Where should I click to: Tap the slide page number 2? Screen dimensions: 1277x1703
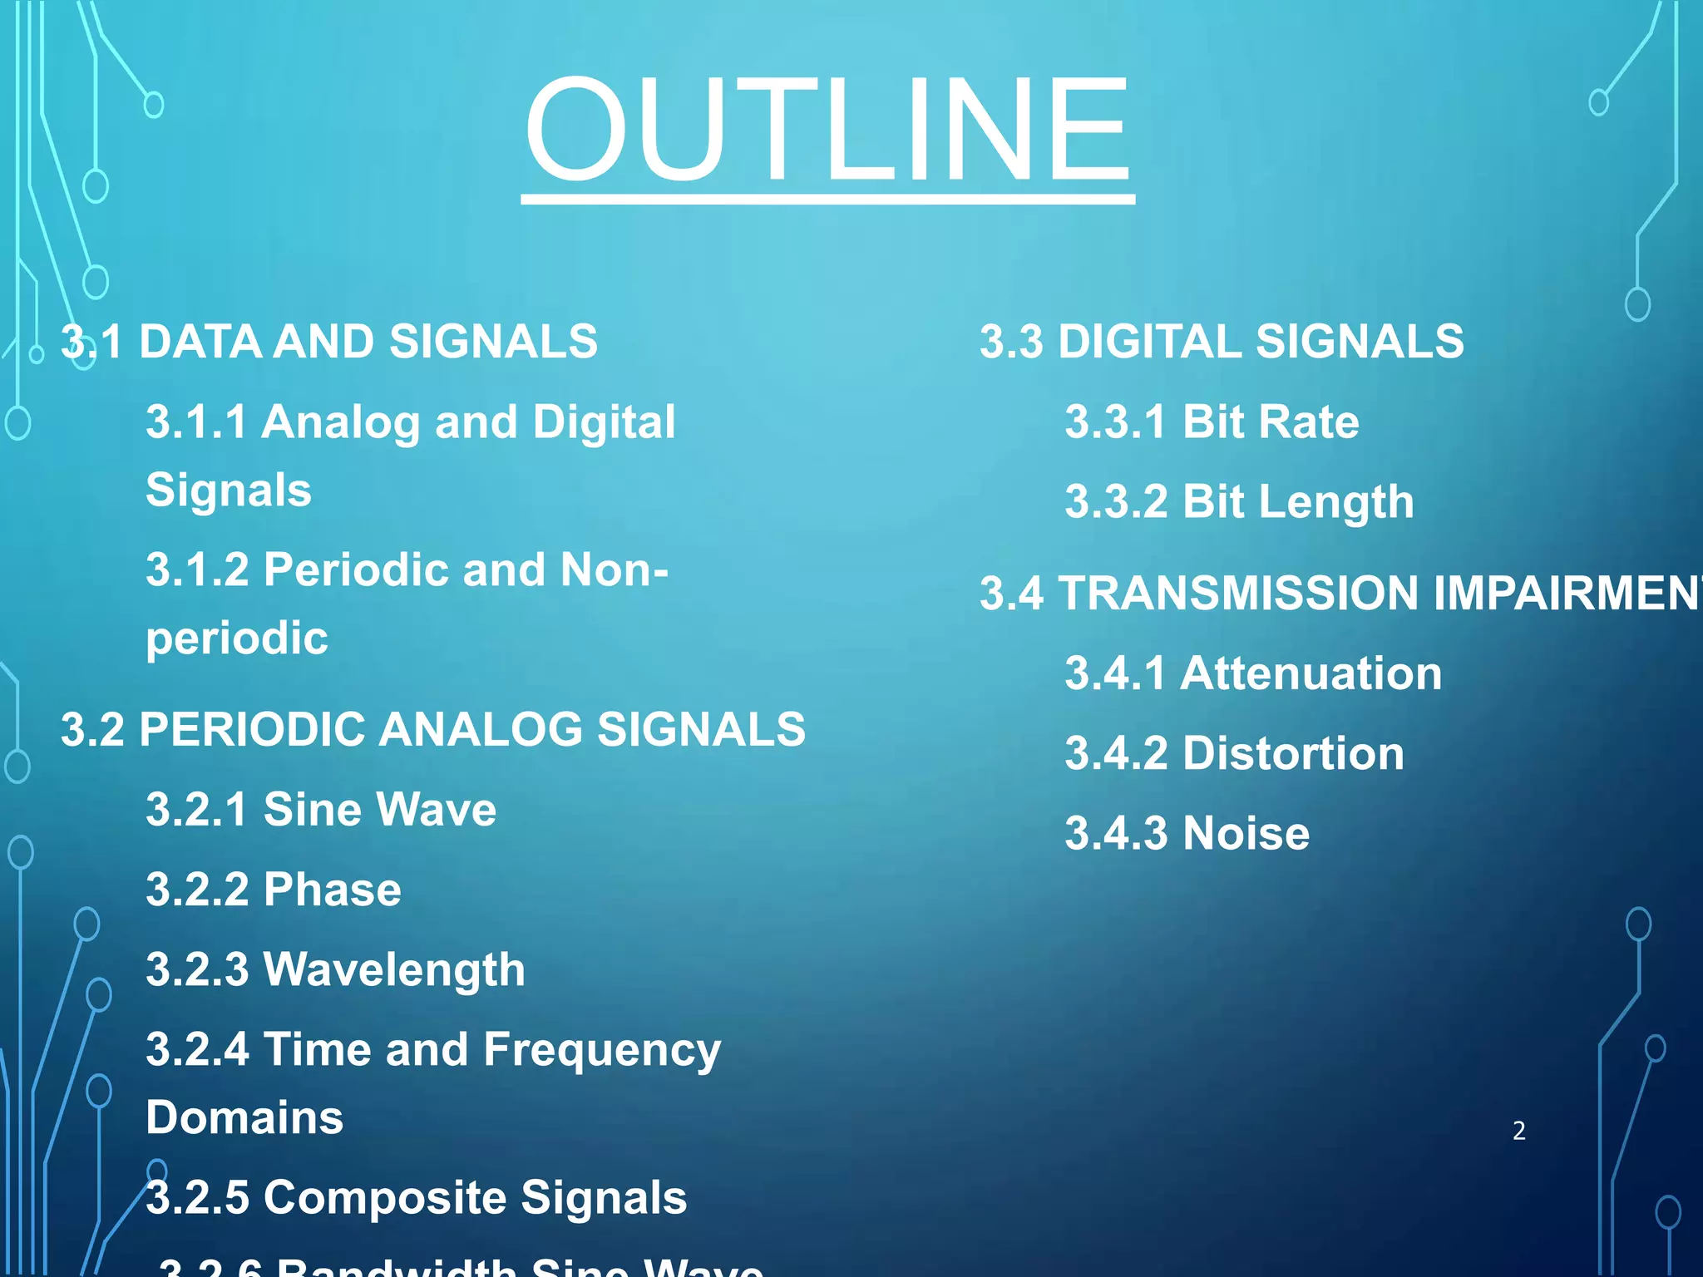(1518, 1131)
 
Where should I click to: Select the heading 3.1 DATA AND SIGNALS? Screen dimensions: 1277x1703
(329, 342)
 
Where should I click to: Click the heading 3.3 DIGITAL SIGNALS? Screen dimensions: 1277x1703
(1222, 342)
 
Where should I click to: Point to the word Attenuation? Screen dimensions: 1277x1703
(1311, 673)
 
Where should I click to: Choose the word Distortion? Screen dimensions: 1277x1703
(1293, 753)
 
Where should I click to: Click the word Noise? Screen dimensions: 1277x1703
(1246, 833)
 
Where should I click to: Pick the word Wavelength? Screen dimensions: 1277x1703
(394, 969)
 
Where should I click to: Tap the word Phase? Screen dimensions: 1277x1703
(332, 890)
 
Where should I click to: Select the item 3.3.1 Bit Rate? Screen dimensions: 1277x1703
(1212, 422)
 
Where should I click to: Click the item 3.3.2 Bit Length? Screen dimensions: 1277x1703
(1239, 502)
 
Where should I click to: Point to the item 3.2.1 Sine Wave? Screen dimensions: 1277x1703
(321, 809)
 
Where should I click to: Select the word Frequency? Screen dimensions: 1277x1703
(602, 1051)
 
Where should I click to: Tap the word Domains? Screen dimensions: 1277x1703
(244, 1117)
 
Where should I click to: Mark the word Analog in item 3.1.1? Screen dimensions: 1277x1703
(341, 423)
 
